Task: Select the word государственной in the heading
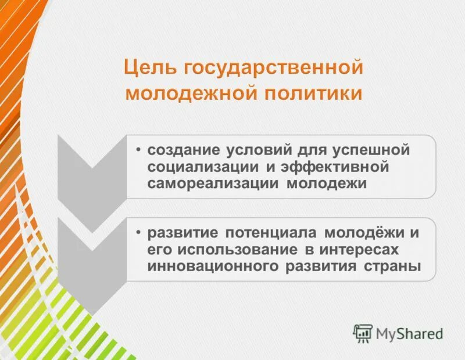click(x=274, y=69)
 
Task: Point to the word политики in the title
click(x=312, y=93)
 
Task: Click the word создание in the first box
click(x=181, y=150)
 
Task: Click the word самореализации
click(x=214, y=184)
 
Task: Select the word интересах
click(x=366, y=250)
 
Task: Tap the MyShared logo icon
click(x=363, y=333)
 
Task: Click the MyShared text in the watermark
click(x=409, y=333)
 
